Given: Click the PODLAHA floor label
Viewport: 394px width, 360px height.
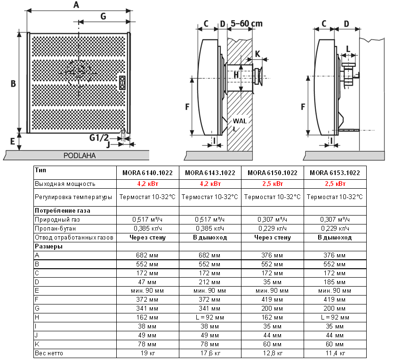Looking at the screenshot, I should point(79,155).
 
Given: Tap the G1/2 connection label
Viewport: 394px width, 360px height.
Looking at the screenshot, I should point(99,137).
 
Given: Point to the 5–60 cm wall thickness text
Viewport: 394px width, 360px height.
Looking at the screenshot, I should point(247,24).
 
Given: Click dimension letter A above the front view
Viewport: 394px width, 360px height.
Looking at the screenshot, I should point(77,5).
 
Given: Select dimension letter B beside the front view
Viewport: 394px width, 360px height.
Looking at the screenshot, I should point(14,84).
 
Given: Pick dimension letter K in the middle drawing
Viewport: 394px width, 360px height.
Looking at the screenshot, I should point(257,53).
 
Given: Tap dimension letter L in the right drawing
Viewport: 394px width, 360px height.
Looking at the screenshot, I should point(348,48).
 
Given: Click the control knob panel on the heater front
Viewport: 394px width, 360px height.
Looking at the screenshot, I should point(122,82).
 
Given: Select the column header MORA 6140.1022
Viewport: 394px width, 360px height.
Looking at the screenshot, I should point(147,173).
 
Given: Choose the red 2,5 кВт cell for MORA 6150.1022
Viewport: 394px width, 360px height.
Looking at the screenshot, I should point(272,184).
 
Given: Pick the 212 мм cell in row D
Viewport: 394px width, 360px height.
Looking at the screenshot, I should point(210,282).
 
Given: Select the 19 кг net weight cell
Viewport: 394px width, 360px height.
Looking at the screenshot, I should point(147,353).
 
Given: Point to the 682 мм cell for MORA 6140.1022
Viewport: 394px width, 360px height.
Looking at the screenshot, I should point(147,255).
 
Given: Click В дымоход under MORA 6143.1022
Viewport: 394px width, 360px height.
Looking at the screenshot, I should point(210,238).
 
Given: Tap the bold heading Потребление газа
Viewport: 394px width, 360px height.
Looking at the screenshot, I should point(62,210).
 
